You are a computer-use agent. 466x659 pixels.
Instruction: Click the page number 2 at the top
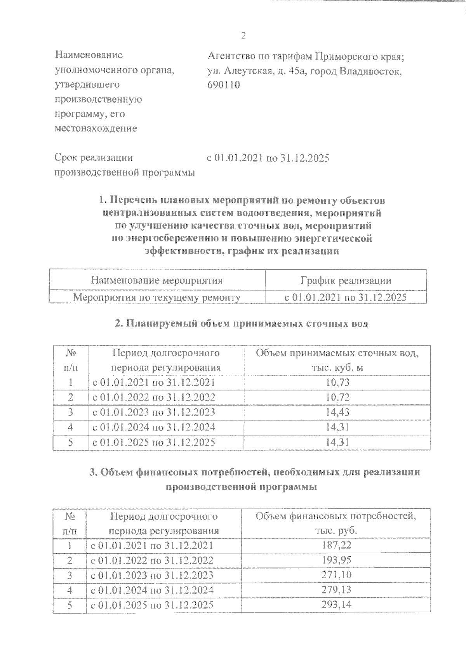pos(243,36)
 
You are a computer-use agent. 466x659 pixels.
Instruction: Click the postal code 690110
pos(224,85)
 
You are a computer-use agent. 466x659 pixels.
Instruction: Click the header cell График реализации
pos(346,281)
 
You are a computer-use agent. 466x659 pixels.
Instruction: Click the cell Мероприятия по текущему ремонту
pos(157,298)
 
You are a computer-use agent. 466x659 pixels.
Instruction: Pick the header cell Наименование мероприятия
pos(157,281)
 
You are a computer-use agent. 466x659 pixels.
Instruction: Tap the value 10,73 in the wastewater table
pos(337,383)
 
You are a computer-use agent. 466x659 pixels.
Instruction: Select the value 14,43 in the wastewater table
pos(337,413)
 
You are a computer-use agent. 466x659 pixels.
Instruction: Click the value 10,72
pos(337,397)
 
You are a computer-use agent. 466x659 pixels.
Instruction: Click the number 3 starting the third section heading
pos(92,472)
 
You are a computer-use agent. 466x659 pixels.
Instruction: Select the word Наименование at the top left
pos(89,55)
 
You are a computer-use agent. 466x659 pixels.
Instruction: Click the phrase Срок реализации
pos(94,158)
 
